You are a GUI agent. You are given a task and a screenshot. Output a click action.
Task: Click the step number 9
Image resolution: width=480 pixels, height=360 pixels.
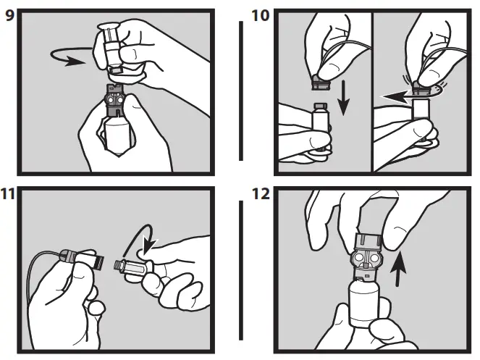point(9,14)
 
